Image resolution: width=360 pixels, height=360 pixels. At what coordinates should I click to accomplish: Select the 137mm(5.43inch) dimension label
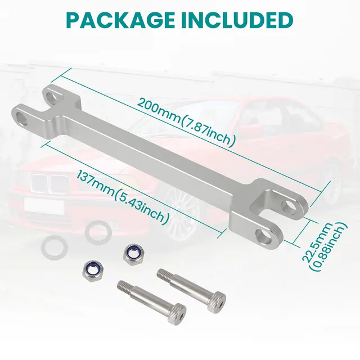[x=122, y=197]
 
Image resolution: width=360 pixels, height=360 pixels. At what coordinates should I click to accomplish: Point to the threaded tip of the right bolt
[x=163, y=274]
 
